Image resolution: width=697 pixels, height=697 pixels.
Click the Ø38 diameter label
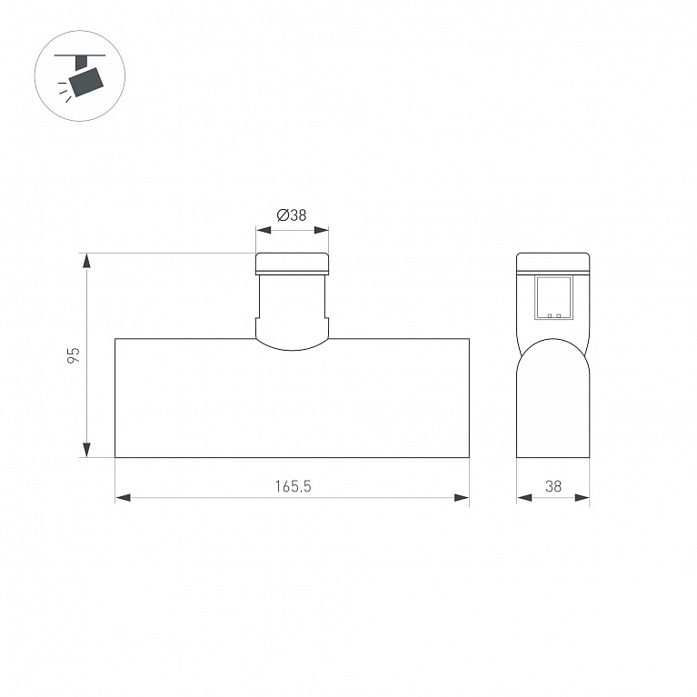(292, 215)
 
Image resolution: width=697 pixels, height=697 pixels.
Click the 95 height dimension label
(74, 355)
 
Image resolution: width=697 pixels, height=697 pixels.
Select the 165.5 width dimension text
(293, 486)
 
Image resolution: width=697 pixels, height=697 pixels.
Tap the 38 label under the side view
(553, 486)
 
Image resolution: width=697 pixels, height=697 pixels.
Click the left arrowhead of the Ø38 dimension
(264, 230)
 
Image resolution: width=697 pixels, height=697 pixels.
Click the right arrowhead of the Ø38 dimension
(321, 230)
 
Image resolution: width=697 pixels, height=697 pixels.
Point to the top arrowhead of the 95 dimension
(86, 261)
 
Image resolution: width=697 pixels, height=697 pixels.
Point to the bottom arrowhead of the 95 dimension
(86, 450)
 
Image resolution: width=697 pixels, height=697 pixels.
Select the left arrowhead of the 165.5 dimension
(123, 497)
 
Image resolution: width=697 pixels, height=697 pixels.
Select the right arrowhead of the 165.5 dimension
(462, 497)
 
